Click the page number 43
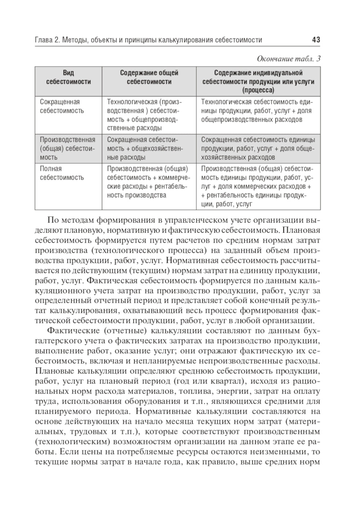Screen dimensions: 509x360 316,40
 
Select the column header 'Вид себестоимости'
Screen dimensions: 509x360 68,77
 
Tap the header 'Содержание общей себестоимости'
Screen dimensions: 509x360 149,77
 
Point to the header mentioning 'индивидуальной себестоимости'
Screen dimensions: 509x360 258,81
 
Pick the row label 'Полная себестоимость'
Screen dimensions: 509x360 62,173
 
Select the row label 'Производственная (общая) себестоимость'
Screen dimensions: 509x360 68,148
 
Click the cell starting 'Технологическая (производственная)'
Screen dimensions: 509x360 145,115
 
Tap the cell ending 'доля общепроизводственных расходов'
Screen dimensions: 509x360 256,111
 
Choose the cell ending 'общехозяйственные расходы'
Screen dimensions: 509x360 145,148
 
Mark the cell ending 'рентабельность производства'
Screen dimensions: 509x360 147,182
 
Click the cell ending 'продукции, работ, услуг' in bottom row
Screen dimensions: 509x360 256,186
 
